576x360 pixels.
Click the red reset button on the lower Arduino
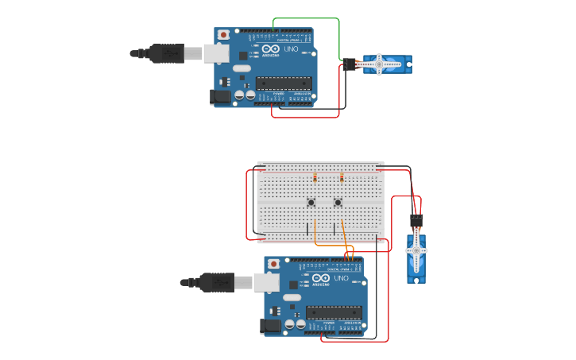[x=274, y=263]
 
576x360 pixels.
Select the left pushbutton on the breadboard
[x=311, y=203]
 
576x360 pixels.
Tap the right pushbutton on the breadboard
[x=338, y=203]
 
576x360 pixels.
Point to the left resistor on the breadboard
[x=315, y=178]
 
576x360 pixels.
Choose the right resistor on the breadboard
[x=342, y=178]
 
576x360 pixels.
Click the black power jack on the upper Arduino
[x=219, y=96]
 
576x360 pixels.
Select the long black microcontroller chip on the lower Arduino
[x=334, y=311]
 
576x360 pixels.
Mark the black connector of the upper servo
[x=350, y=64]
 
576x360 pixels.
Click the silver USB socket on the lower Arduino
[x=267, y=281]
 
